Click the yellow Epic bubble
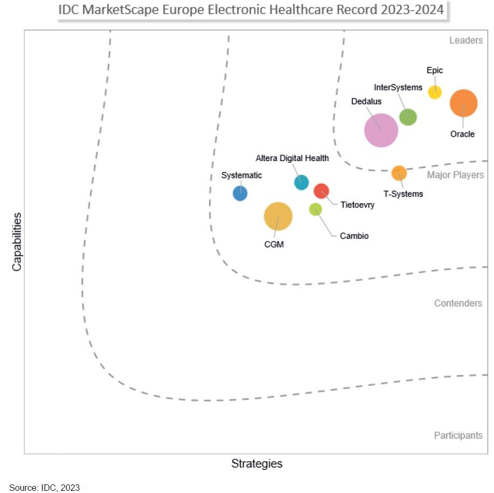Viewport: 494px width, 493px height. point(435,92)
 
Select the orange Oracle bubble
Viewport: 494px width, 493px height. point(463,103)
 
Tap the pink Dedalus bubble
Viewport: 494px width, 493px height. point(381,130)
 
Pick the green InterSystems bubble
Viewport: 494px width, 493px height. point(408,117)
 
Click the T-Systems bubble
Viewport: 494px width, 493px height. point(399,173)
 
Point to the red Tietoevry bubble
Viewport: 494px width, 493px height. point(321,191)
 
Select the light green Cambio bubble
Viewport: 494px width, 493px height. point(315,209)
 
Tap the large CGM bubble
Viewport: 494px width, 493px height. point(278,216)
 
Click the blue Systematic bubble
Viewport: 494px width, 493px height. point(240,193)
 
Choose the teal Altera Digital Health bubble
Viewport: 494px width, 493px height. point(301,182)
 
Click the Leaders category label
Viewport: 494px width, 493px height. point(465,40)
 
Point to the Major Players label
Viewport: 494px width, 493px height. point(455,175)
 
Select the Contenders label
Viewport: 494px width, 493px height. point(458,303)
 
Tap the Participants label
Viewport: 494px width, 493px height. point(458,435)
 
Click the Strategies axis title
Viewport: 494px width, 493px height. point(256,463)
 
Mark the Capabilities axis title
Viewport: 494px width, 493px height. point(17,241)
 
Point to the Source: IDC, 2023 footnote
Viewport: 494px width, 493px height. point(44,488)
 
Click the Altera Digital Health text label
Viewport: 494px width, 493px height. point(291,158)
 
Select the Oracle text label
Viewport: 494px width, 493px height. point(462,134)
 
